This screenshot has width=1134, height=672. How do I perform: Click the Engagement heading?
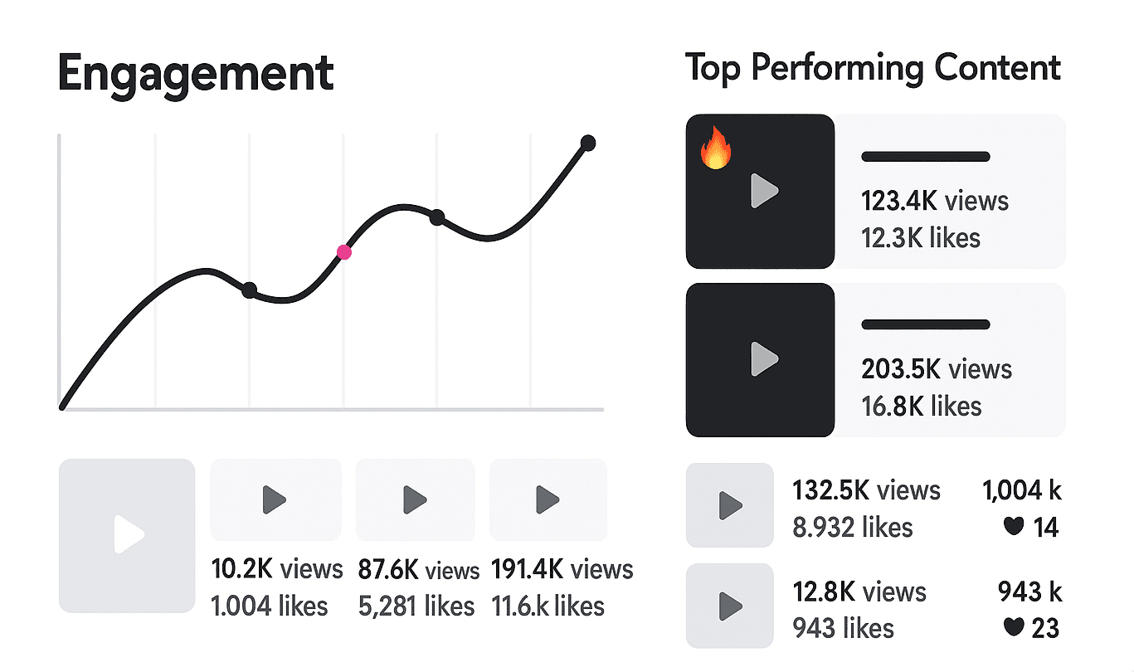pyautogui.click(x=196, y=74)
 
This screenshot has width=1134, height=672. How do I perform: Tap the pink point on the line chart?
pyautogui.click(x=343, y=252)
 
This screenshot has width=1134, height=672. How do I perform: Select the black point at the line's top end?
pyautogui.click(x=588, y=143)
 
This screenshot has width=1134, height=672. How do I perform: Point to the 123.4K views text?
pyautogui.click(x=935, y=201)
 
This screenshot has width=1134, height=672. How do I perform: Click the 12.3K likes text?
pyautogui.click(x=921, y=238)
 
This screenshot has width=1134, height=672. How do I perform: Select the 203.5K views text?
pyautogui.click(x=937, y=368)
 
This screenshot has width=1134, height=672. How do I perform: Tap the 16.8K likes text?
pyautogui.click(x=921, y=406)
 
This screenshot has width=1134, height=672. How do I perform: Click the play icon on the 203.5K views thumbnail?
pyautogui.click(x=763, y=359)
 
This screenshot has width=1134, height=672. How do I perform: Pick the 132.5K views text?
pyautogui.click(x=867, y=490)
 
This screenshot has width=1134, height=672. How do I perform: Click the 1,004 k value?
pyautogui.click(x=1022, y=490)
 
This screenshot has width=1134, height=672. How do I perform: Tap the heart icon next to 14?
pyautogui.click(x=1013, y=526)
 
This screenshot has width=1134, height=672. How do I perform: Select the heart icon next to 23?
pyautogui.click(x=1013, y=627)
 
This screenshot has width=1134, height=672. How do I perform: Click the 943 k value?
pyautogui.click(x=1029, y=592)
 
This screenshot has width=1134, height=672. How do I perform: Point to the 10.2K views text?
pyautogui.click(x=277, y=569)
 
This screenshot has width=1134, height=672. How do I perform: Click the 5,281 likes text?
pyautogui.click(x=416, y=606)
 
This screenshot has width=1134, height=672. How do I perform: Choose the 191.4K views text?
pyautogui.click(x=562, y=569)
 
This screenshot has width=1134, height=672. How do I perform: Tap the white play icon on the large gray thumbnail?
pyautogui.click(x=129, y=535)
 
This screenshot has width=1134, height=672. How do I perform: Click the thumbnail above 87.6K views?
pyautogui.click(x=415, y=499)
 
